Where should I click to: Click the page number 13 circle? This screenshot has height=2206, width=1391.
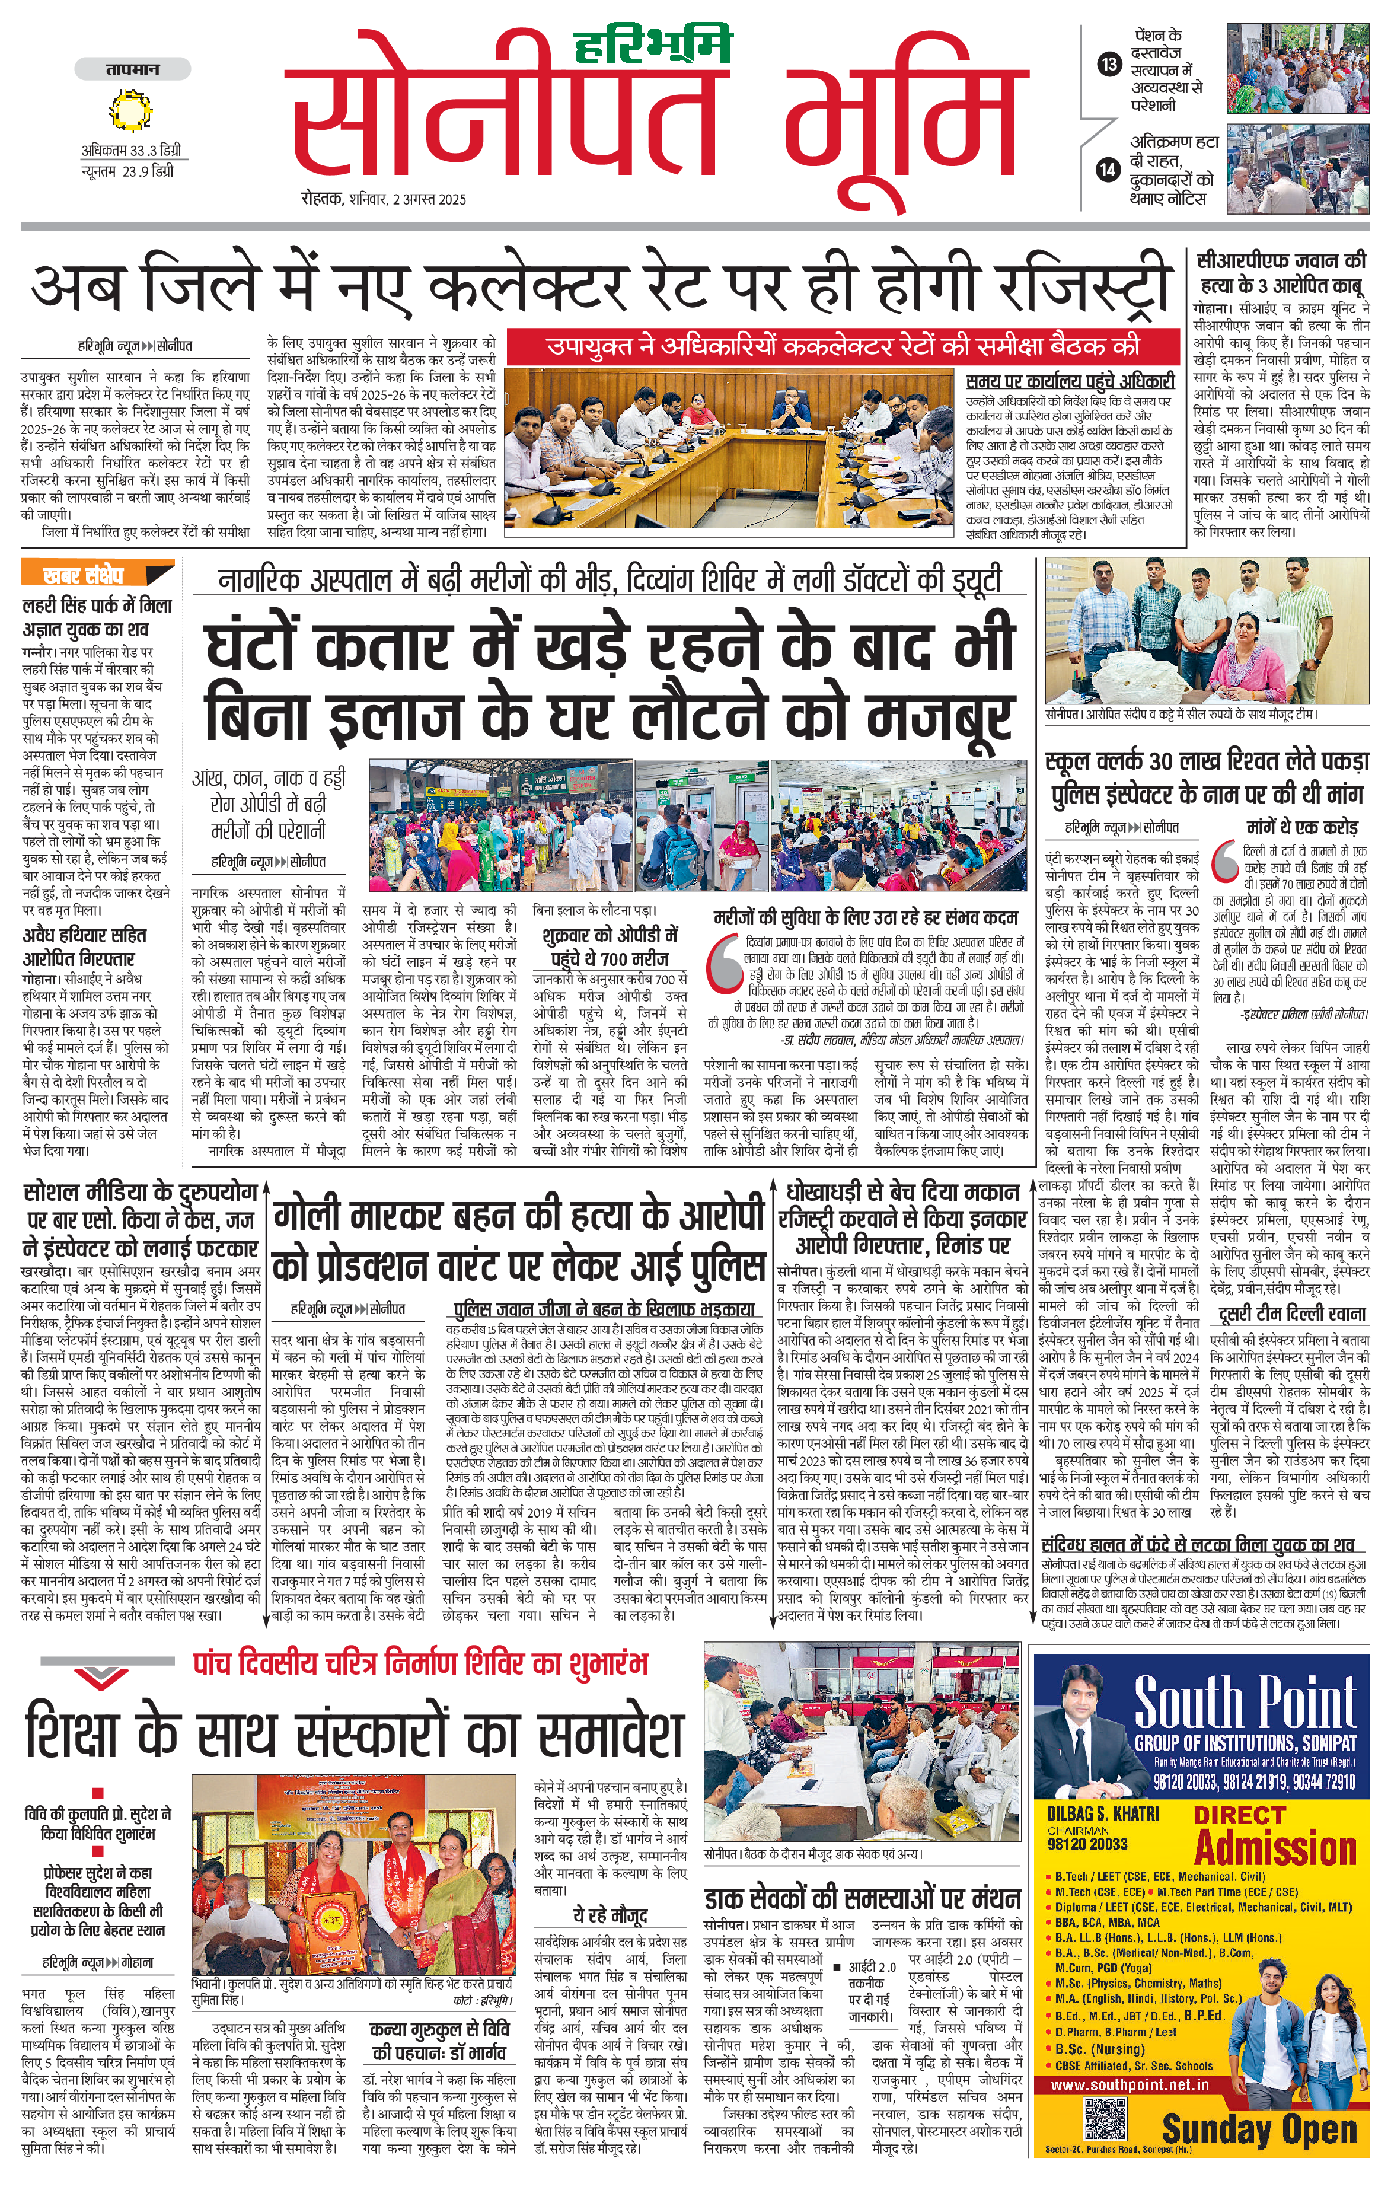click(1109, 64)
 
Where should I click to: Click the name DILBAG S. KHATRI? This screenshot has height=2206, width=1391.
click(1103, 1813)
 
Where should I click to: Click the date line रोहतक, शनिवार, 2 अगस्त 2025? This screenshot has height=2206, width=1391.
click(384, 199)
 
